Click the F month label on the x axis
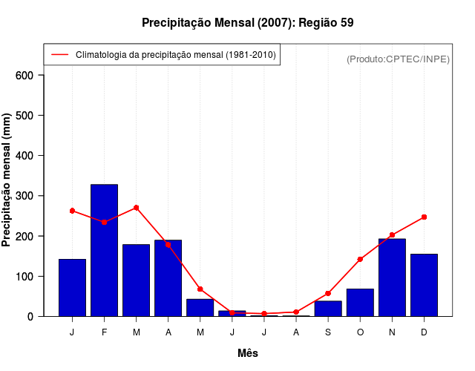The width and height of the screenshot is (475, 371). click(x=104, y=332)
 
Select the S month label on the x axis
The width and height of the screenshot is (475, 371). click(x=328, y=332)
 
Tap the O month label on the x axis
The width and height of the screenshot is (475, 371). click(x=360, y=332)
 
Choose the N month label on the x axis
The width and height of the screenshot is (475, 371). click(x=392, y=332)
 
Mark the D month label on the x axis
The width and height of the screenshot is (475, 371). click(x=424, y=332)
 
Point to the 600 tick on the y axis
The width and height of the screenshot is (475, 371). click(x=26, y=75)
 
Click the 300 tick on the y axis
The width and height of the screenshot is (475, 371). click(x=26, y=196)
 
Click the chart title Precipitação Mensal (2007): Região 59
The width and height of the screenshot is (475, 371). click(x=247, y=23)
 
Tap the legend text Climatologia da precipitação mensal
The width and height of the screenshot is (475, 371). click(x=175, y=55)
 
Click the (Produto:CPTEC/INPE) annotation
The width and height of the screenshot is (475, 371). click(x=398, y=59)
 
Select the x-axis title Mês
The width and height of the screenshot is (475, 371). click(x=248, y=353)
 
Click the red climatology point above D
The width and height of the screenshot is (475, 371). click(x=424, y=217)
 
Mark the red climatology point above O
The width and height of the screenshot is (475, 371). click(x=360, y=259)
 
